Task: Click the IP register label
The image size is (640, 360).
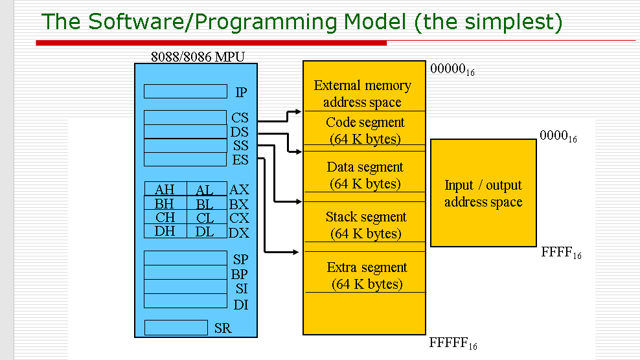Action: click(240, 93)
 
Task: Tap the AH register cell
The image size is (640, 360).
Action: click(165, 190)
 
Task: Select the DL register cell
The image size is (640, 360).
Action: click(205, 231)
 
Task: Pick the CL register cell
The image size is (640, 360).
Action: click(205, 218)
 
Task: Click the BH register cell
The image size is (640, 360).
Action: click(165, 203)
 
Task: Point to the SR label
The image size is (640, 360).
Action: click(222, 328)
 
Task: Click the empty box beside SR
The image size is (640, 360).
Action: click(176, 328)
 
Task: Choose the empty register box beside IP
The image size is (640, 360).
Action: click(185, 91)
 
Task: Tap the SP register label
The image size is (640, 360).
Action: click(240, 259)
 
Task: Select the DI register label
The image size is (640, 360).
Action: click(240, 304)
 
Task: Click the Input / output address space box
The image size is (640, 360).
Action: click(483, 193)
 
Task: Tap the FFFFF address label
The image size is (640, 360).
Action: click(453, 343)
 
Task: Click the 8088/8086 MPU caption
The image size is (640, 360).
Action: click(198, 56)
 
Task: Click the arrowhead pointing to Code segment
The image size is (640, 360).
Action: click(298, 111)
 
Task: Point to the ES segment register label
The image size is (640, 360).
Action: click(240, 160)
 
